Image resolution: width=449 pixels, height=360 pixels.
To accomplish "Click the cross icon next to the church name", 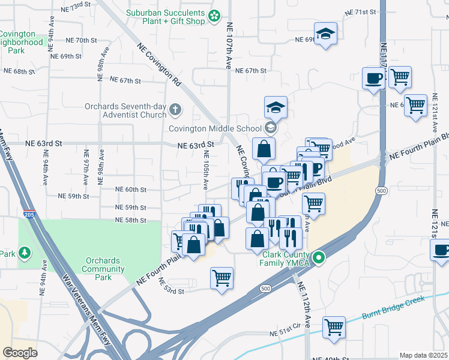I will (175, 109).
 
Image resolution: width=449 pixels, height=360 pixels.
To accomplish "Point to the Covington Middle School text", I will (214, 128).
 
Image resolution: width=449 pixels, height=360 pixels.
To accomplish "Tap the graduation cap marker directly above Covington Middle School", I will (276, 108).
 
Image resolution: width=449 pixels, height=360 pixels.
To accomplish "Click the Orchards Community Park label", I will (105, 269).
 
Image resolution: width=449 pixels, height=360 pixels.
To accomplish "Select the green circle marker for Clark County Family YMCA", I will (319, 258).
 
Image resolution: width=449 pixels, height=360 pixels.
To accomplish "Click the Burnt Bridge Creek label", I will (393, 307).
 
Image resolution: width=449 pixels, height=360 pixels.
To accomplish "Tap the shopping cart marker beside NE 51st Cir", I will (334, 328).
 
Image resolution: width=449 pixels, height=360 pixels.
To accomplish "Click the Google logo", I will (20, 352).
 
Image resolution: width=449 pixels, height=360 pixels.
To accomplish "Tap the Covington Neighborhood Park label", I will (24, 43).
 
